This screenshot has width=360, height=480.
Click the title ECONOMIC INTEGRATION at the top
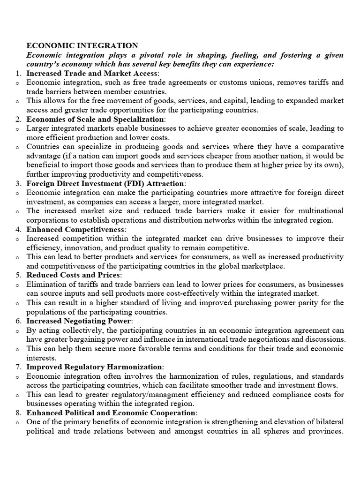[x=82, y=45]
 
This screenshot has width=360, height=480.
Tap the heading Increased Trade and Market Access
[x=92, y=73]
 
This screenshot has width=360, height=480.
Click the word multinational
[x=319, y=211]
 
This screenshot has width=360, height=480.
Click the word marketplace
[x=270, y=266]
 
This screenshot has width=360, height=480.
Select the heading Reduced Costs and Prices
[x=73, y=275]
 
